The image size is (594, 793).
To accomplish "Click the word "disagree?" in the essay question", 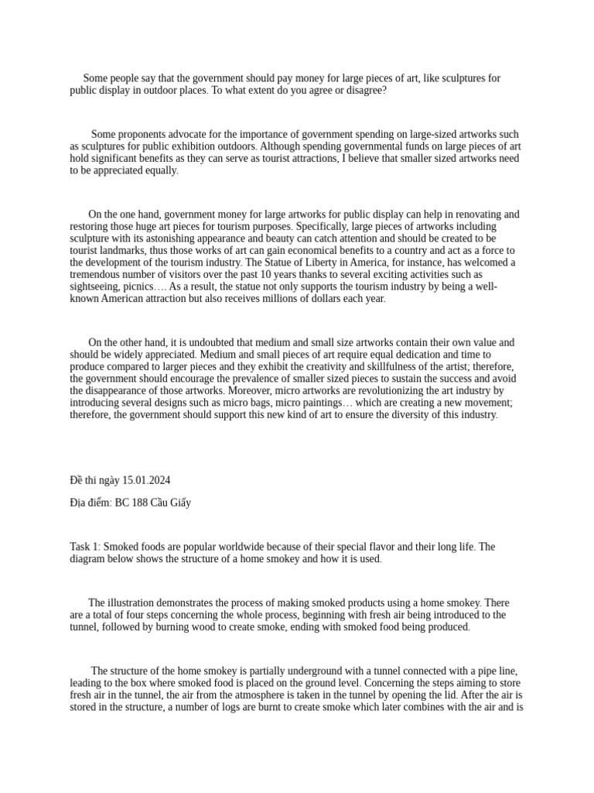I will tap(364, 91).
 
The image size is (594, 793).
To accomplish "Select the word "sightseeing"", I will tap(95, 286).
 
